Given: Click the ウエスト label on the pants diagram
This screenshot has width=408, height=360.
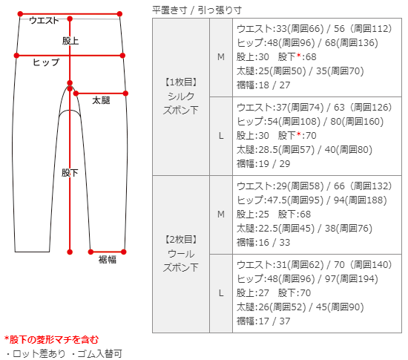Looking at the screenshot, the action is click(x=44, y=20).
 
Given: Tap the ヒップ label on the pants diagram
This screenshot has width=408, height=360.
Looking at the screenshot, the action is click(x=46, y=62).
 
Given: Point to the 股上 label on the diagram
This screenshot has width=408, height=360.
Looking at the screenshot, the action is click(x=70, y=41).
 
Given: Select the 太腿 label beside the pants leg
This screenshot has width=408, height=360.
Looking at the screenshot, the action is click(x=101, y=100).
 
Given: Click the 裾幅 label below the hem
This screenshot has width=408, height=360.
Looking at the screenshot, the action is click(x=108, y=260).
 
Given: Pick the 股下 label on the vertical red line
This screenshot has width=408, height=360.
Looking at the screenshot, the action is click(x=70, y=173).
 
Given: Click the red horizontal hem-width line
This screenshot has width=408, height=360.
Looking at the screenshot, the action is click(x=107, y=252).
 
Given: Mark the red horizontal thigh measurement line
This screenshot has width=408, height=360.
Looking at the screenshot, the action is click(x=101, y=94).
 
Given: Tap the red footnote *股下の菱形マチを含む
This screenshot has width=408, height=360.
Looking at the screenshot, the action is click(x=51, y=340).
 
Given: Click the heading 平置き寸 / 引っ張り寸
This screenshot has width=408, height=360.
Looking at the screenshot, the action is click(x=197, y=10).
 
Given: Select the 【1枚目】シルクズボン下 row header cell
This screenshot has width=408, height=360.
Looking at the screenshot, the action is click(x=181, y=96).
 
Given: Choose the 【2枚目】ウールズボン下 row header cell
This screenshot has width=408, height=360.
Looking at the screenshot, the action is click(x=181, y=254).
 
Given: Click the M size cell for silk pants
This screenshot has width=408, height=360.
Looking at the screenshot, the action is click(x=221, y=57).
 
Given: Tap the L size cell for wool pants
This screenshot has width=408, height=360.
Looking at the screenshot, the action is click(x=221, y=293).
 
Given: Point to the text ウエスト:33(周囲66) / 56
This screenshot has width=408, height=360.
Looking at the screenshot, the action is click(x=290, y=29).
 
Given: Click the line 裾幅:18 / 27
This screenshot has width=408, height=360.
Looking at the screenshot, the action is click(x=263, y=85).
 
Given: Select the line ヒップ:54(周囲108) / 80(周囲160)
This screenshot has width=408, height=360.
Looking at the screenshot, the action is click(x=310, y=122).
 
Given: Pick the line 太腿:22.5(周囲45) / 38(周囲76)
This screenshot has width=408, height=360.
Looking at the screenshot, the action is click(x=304, y=229).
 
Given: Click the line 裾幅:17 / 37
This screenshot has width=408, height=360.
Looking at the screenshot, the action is click(x=263, y=321).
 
